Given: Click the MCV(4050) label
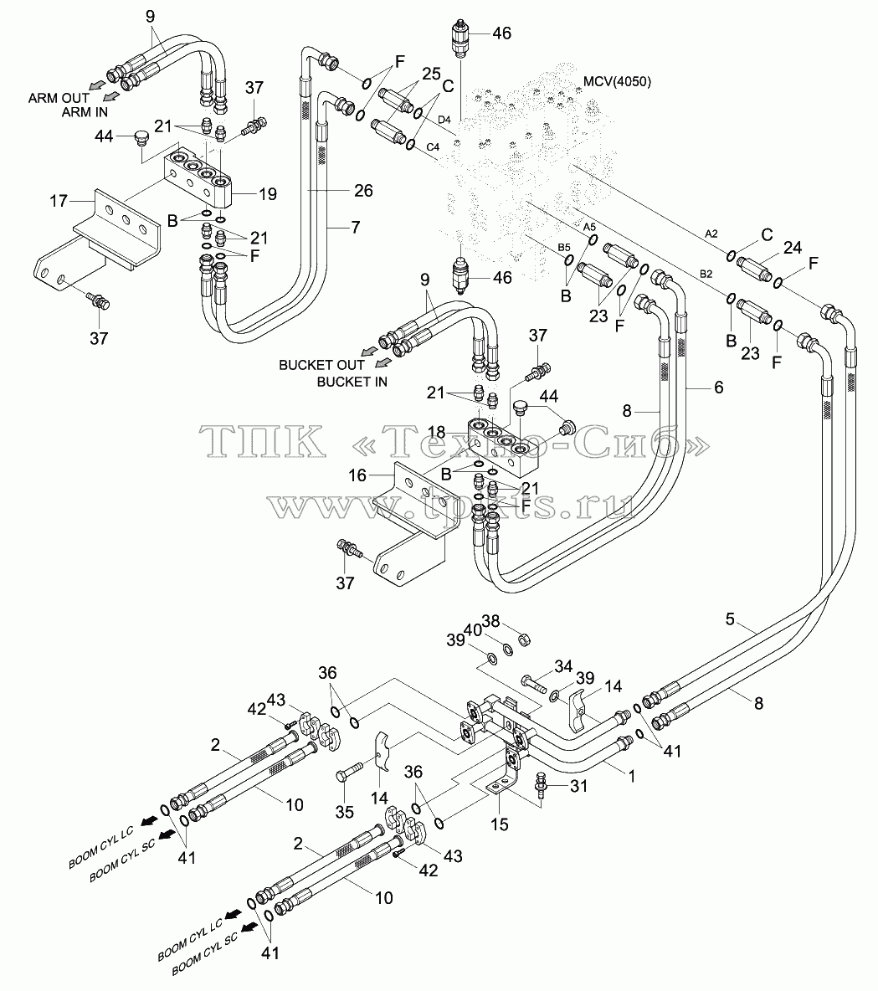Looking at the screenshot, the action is pos(617,81).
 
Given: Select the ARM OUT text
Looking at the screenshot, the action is pos(59,98).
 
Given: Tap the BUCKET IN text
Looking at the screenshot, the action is pos(352,382).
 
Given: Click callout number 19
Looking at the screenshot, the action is pos(268,194).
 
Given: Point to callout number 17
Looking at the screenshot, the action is pos(59,201).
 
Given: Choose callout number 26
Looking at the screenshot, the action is pos(363,190).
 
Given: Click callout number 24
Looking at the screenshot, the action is pos(793,248).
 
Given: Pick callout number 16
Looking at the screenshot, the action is pos(357,475).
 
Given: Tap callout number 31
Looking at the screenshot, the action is pos(578,786).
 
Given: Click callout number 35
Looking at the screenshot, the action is pos(345,812).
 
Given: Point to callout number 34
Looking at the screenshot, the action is pos(563,666).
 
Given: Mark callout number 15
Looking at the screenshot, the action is pos(500,824).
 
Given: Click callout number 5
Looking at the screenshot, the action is pos(730,619).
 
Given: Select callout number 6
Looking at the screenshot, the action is pos(719,387).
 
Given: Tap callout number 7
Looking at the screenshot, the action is pos(355,227).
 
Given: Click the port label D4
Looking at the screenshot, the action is pos(444,120).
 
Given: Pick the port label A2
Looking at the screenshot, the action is pos(711,234).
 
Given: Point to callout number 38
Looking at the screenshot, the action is pos(491,622).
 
